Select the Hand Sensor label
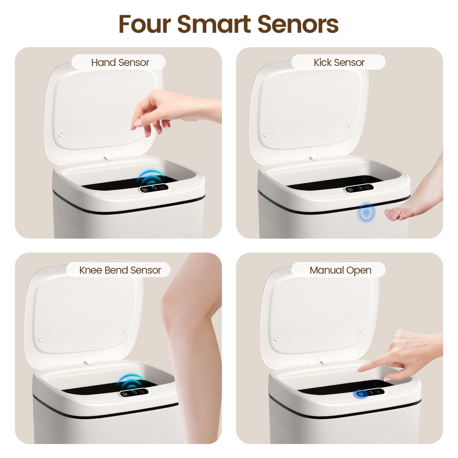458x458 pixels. (x=120, y=62)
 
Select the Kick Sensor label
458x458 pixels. (x=339, y=62)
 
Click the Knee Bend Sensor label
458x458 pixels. (x=120, y=270)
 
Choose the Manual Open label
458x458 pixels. (x=340, y=270)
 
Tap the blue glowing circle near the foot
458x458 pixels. (x=366, y=212)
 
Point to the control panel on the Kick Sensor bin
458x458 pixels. (x=359, y=189)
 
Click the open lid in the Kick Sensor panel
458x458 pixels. (x=309, y=112)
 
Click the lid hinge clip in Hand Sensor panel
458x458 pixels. (x=108, y=157)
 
